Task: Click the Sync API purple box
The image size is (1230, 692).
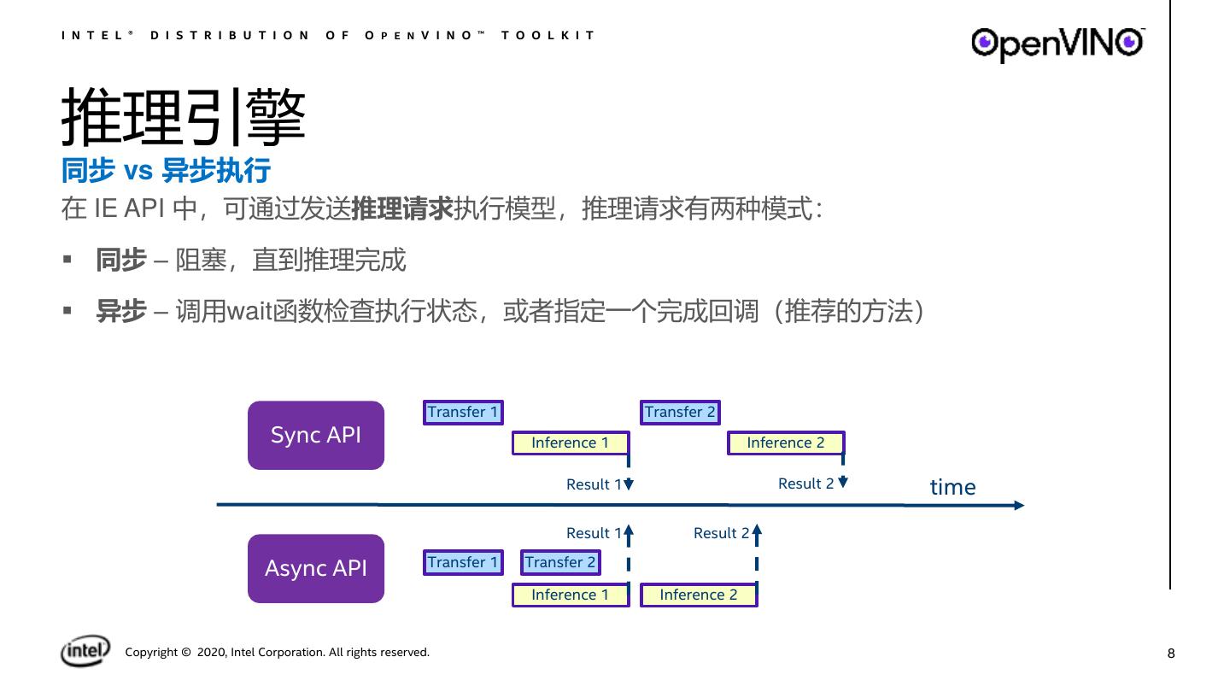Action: coord(316,435)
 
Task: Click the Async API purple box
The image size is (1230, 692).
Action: coord(316,568)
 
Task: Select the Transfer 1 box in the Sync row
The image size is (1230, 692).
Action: coord(463,413)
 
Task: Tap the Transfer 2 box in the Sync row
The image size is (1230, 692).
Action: coord(680,413)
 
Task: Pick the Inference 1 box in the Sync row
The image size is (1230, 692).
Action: coord(570,443)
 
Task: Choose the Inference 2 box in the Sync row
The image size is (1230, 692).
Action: coord(785,443)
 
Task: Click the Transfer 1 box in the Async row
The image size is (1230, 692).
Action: coord(463,562)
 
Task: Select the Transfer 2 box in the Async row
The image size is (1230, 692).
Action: coord(560,562)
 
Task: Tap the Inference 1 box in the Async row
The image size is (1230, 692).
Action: coord(570,595)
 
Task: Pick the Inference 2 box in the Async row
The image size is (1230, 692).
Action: coord(698,595)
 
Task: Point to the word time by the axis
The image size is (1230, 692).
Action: coord(952,487)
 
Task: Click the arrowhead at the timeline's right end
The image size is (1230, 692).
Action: coord(1018,505)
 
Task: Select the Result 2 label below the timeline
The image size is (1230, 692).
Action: coord(721,533)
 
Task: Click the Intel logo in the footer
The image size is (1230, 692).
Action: coord(85,651)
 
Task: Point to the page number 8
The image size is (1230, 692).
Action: coord(1171,654)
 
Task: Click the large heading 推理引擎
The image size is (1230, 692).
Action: coord(184,119)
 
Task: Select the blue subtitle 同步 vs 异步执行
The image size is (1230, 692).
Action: coord(166,171)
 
